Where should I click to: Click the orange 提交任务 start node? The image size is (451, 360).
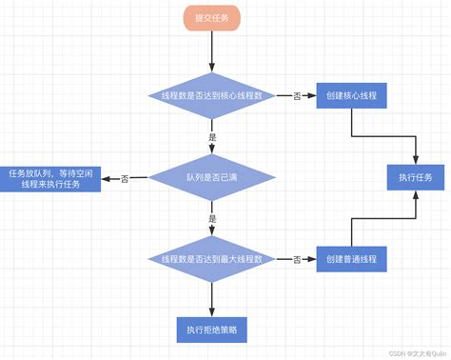211,20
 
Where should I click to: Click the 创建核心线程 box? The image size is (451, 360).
351,96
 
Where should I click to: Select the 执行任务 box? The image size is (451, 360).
416,178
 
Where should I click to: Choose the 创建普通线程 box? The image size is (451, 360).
351,259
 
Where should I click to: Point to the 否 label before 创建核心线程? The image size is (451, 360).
297,96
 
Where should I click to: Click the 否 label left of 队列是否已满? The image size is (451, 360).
126,178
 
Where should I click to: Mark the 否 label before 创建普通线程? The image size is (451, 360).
297,259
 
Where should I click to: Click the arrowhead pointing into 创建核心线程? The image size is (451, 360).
312,96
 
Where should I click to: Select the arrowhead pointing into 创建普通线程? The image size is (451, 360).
312,259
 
